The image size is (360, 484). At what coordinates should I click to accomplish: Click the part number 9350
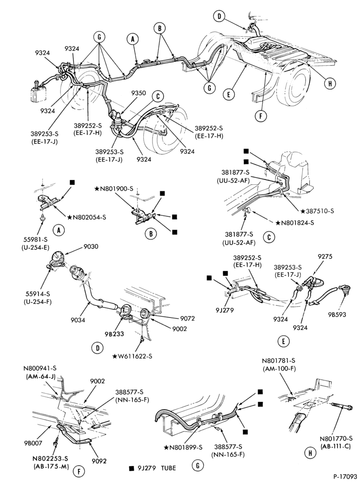point(138,93)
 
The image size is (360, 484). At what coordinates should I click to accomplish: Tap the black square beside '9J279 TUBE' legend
point(132,468)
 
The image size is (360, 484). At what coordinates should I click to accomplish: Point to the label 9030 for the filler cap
point(90,247)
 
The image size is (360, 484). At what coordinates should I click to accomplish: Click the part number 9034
point(77,320)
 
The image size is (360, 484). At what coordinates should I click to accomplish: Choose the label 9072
point(187,318)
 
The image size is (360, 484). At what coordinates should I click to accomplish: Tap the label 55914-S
point(38,293)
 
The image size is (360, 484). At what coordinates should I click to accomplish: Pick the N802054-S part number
point(89,217)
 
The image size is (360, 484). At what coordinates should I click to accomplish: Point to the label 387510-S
point(320,211)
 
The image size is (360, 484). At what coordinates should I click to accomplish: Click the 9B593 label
point(337,315)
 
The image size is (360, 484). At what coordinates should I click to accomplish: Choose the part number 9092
point(99,461)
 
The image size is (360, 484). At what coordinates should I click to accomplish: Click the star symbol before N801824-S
point(278,223)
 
